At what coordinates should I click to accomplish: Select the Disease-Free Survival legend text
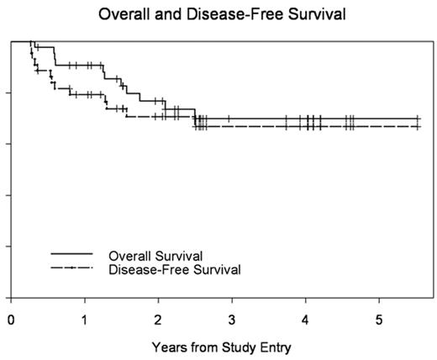pyautogui.click(x=174, y=269)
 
